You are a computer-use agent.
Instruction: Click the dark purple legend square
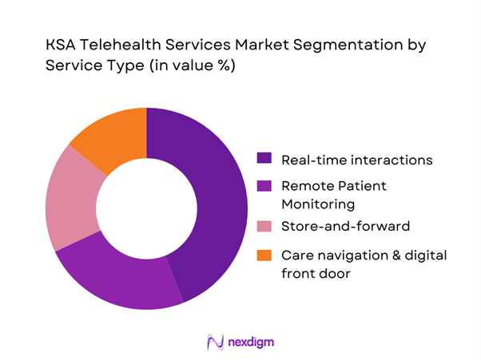(x=264, y=160)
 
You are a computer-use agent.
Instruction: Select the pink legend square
(x=264, y=227)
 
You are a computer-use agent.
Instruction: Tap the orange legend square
(x=264, y=255)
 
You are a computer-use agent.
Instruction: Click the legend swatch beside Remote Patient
(x=264, y=186)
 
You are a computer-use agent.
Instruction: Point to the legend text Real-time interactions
(x=356, y=160)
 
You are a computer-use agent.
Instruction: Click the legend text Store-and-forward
(x=345, y=227)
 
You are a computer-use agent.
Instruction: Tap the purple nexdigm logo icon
(x=214, y=342)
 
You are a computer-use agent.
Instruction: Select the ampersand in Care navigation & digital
(x=380, y=255)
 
